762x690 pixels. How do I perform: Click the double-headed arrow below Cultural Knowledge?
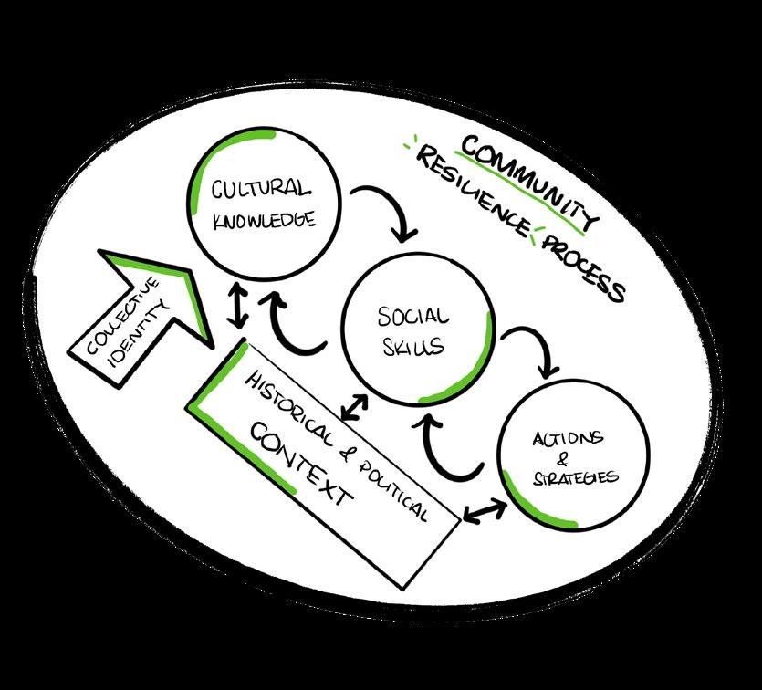(238, 305)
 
